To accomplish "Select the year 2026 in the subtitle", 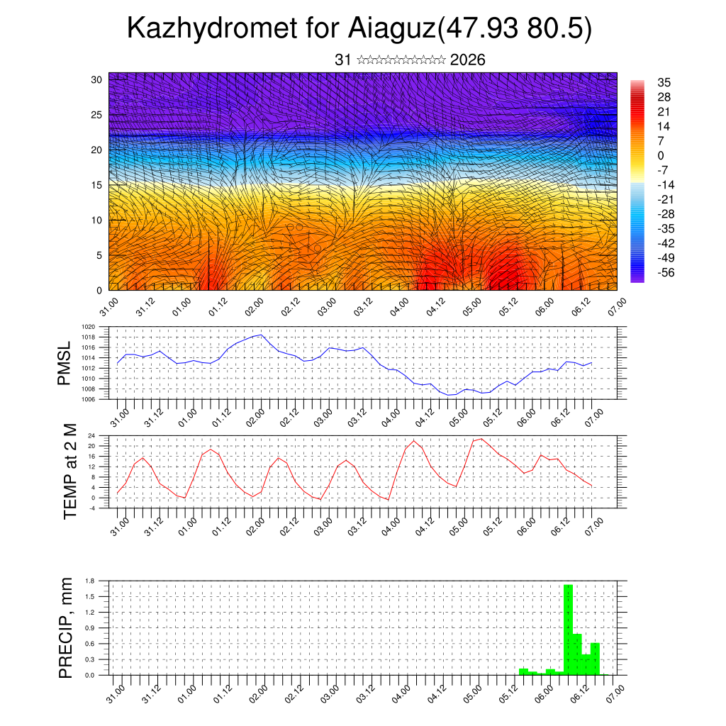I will pyautogui.click(x=467, y=60).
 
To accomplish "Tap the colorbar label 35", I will pyautogui.click(x=664, y=83).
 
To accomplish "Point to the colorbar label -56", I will pyautogui.click(x=667, y=272).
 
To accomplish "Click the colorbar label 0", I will pyautogui.click(x=661, y=155).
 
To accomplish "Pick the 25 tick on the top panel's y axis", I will pyautogui.click(x=96, y=114).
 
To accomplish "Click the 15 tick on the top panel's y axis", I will pyautogui.click(x=96, y=185).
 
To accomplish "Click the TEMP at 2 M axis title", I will pyautogui.click(x=69, y=471).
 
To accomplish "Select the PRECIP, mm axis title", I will pyautogui.click(x=66, y=627).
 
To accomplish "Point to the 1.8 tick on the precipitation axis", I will pyautogui.click(x=90, y=581).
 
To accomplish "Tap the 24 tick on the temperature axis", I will pyautogui.click(x=92, y=435).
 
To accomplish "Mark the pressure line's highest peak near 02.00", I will pyautogui.click(x=262, y=335).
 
